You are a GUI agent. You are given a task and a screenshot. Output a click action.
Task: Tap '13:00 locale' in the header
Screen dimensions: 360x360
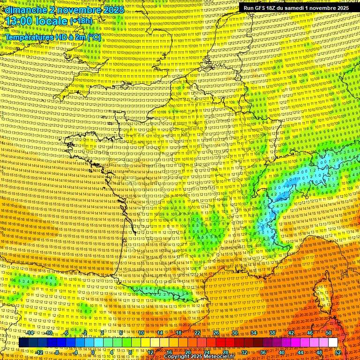[x=36, y=21]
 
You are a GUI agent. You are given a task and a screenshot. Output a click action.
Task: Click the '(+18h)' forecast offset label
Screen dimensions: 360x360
[x=81, y=21]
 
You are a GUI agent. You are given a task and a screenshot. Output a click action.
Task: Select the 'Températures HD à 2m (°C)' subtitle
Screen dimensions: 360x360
[x=52, y=37]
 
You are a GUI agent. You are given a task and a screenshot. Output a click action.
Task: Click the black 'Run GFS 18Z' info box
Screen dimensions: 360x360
[x=296, y=8]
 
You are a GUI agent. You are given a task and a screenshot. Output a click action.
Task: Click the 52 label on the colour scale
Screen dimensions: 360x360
[x=338, y=352]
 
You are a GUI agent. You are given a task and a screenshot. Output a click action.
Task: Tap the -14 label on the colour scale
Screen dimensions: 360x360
[x=30, y=333]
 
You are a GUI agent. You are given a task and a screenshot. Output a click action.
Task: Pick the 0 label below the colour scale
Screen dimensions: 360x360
[x=93, y=352]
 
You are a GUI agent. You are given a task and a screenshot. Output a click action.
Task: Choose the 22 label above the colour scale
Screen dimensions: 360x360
[x=197, y=333]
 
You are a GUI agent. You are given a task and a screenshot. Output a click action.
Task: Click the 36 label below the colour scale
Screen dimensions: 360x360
[x=262, y=352]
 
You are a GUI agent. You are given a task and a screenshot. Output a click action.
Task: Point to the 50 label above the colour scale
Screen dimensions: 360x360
[x=328, y=333]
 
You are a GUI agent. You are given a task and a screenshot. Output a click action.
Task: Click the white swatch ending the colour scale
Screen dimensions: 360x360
[x=333, y=342]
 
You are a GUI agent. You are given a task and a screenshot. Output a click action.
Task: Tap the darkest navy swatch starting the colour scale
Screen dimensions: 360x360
[x=23, y=342]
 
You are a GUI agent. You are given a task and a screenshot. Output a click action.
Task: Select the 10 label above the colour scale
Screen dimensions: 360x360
[x=141, y=333]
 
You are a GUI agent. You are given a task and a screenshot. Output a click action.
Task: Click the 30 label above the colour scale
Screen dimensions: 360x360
[x=234, y=333]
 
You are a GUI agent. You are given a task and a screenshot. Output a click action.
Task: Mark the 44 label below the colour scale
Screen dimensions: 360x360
[x=300, y=352]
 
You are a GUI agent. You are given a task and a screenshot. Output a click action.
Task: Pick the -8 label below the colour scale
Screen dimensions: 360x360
[x=57, y=352]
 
